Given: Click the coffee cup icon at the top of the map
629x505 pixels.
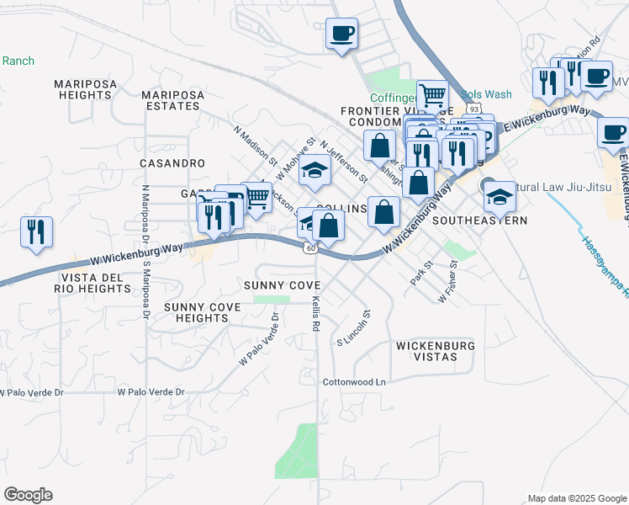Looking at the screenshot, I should coord(341,34).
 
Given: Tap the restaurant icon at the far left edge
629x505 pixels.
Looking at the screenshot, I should coord(36,232).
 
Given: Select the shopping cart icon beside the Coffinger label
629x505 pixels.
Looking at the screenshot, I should coord(432,95).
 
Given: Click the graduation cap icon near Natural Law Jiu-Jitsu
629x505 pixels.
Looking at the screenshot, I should coord(499,196).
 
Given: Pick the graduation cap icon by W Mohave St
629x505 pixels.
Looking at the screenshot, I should coord(314,171).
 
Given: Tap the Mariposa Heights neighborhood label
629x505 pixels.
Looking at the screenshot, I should coord(82,89).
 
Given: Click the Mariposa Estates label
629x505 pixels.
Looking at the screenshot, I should coord(173,100).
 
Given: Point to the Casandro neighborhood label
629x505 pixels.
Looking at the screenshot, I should coord(172,162).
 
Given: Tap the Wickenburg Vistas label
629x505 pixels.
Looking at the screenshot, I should coord(435,351).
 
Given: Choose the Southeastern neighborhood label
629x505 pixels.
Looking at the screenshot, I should coord(479,221).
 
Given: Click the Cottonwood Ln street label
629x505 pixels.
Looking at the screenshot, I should coord(354,382).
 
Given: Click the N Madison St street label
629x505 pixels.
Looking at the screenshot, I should coord(256,144).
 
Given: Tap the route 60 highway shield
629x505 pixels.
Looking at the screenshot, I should coord(310,247).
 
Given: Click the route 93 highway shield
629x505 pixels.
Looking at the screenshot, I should coord(474,109).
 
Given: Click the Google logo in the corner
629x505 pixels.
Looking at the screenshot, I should coord(28,495).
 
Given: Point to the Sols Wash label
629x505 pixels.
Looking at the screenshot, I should coord(487,95).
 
